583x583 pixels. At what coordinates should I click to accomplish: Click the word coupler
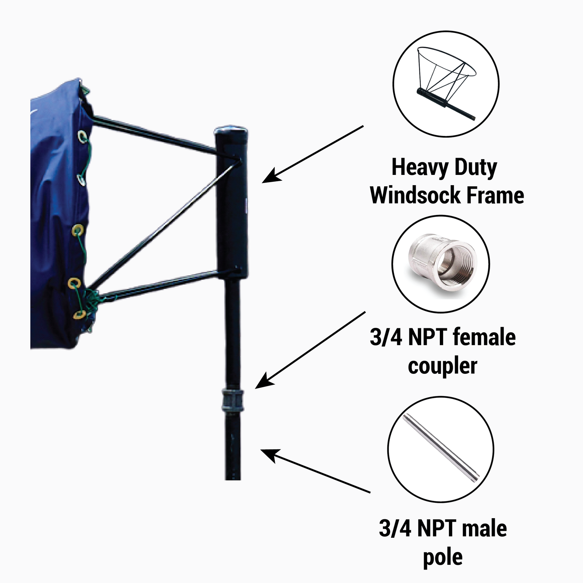pyautogui.click(x=442, y=366)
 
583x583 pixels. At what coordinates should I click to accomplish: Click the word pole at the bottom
pyautogui.click(x=442, y=557)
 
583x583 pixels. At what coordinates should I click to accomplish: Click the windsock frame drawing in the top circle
pyautogui.click(x=446, y=82)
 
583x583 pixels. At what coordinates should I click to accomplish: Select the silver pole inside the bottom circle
pyautogui.click(x=441, y=448)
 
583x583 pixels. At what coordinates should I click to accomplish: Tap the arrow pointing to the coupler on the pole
pyautogui.click(x=310, y=350)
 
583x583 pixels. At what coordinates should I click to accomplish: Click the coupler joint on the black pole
pyautogui.click(x=232, y=400)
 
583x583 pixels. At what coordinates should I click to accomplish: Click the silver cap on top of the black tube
pyautogui.click(x=231, y=130)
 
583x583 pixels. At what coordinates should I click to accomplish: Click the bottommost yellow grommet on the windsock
pyautogui.click(x=79, y=314)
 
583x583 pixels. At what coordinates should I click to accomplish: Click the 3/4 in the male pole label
pyautogui.click(x=395, y=528)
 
